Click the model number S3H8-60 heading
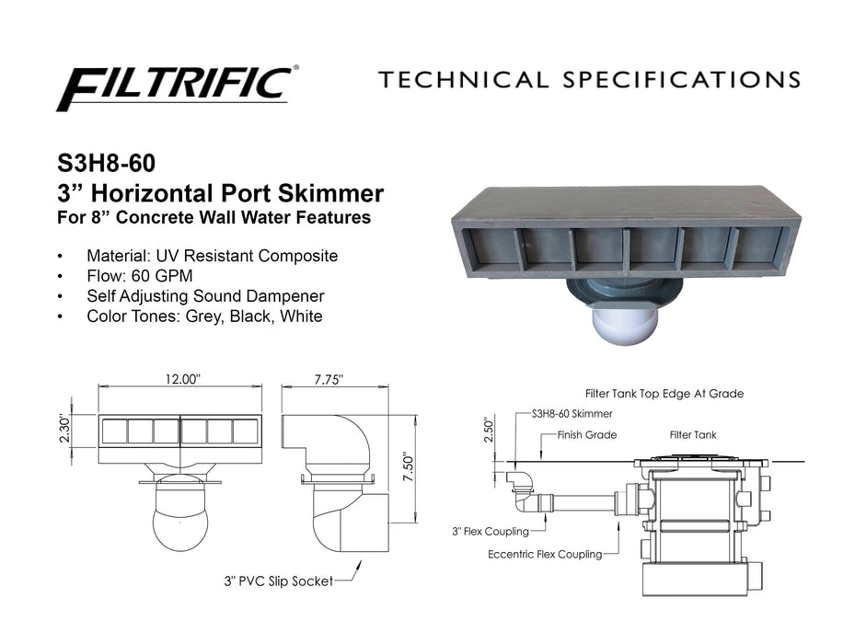coord(107,163)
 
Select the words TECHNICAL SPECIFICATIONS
coord(589,80)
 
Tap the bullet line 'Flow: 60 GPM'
coord(140,276)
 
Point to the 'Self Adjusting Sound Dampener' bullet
coord(205,296)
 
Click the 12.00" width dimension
coord(182,378)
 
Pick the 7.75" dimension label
coord(329,379)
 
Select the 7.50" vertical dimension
coord(408,467)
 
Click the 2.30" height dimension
coord(65,429)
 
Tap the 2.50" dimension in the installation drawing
coord(489,431)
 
